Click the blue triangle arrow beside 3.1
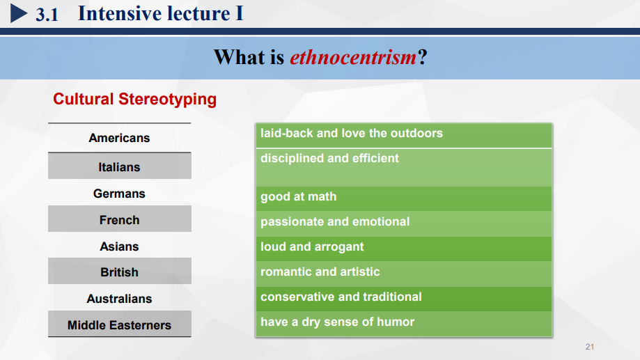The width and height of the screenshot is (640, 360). coord(18,13)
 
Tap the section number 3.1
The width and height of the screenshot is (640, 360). coord(47,15)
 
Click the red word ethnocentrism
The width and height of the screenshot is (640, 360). coord(353,57)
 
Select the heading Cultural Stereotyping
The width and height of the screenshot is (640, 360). coord(134,99)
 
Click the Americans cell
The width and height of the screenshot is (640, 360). coord(119,138)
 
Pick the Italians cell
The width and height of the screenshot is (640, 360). coord(119,166)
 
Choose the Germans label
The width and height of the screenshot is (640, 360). coord(119,194)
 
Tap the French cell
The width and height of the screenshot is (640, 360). coord(119,219)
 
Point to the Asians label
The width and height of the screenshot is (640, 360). coord(119,246)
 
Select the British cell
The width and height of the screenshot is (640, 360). coord(119,271)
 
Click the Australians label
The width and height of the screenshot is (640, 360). coord(119,299)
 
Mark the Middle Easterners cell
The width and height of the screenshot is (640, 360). coord(119,324)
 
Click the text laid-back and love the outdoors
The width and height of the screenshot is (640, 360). coord(352,134)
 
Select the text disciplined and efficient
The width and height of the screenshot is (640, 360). coord(329,158)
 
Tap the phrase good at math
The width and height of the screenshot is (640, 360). coord(298,197)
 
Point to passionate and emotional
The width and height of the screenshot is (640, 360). coord(335,221)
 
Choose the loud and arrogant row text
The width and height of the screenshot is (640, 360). coord(312,247)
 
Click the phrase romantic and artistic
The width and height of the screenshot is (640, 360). coord(320,272)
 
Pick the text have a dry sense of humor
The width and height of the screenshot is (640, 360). coord(337,322)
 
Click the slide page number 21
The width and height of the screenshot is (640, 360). coord(590,347)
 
